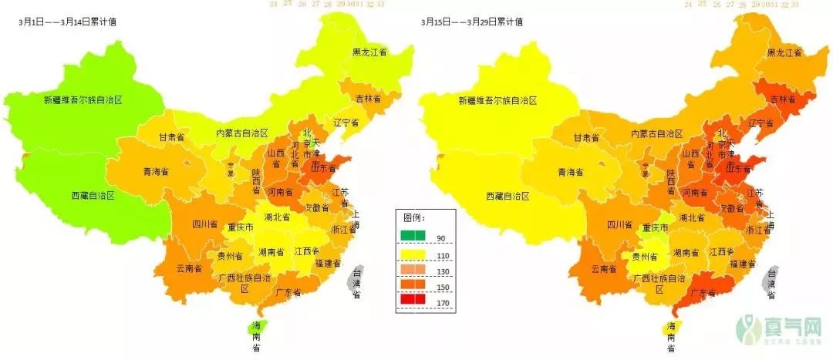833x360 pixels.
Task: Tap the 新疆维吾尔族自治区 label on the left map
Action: [83, 100]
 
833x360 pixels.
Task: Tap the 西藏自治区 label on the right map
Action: [508, 197]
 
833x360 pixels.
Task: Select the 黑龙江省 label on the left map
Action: [369, 52]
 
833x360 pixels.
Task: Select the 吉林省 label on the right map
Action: [785, 99]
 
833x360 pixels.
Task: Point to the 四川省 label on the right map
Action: [619, 225]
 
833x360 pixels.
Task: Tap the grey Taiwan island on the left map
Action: [357, 282]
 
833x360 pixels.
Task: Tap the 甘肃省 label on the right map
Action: [586, 137]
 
